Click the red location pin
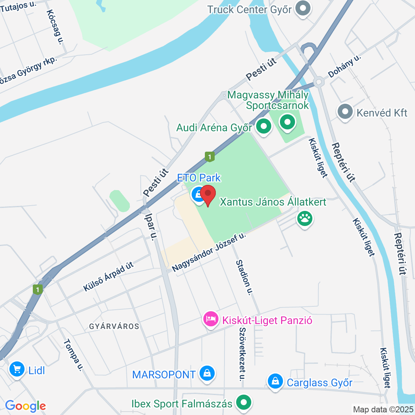(x=208, y=194)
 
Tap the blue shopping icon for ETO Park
(x=198, y=195)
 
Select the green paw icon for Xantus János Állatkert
(x=305, y=218)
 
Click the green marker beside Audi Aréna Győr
(x=263, y=126)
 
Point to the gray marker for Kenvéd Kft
(x=345, y=112)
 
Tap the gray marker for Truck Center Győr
(x=302, y=8)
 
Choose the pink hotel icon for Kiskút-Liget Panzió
(x=211, y=319)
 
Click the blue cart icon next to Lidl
(x=17, y=369)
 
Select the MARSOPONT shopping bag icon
(x=207, y=373)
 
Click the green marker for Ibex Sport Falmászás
(x=244, y=403)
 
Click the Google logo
(x=25, y=406)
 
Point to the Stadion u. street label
(x=244, y=277)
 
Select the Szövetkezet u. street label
(x=242, y=354)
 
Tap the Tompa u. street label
(x=73, y=355)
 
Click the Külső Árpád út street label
(x=108, y=277)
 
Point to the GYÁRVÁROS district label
(x=114, y=326)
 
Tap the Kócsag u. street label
(x=54, y=27)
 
